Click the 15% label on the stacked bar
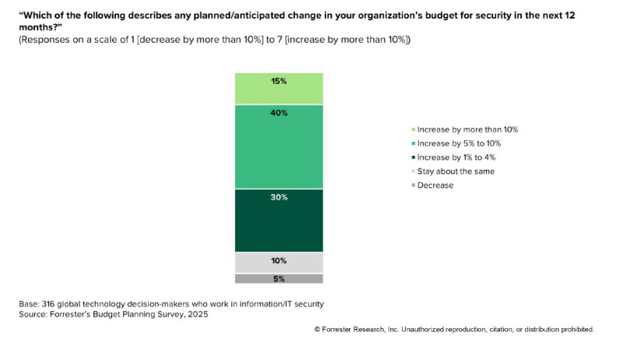[x=279, y=80]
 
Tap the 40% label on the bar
[x=279, y=113]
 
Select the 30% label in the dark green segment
[x=279, y=197]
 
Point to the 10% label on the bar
[x=279, y=261]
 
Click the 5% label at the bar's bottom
[x=279, y=279]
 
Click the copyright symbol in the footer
[x=317, y=330]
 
